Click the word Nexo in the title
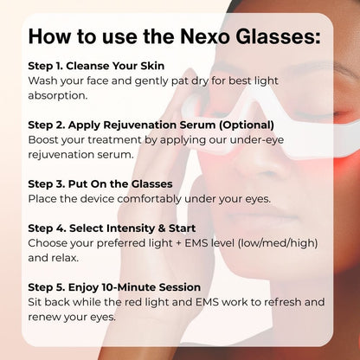[x=205, y=36]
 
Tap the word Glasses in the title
[x=278, y=36]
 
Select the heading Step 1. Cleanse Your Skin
[x=96, y=66]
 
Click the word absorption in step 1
[x=58, y=95]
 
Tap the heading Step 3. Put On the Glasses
[x=100, y=184]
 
